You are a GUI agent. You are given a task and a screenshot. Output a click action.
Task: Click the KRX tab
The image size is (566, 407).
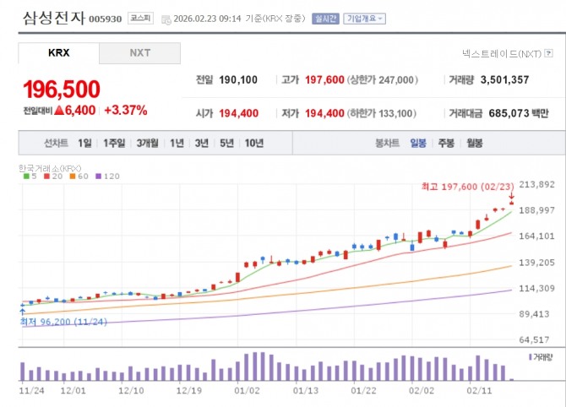coord(58,52)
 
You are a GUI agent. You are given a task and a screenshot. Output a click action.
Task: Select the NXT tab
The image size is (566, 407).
coord(139,52)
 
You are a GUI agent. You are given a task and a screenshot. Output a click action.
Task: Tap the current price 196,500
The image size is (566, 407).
coord(62,89)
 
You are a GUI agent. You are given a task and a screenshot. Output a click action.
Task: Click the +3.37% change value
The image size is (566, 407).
coord(125,110)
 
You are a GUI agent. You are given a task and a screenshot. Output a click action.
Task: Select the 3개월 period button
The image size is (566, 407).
coord(148,143)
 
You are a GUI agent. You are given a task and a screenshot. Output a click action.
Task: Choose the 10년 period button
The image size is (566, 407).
coord(253,143)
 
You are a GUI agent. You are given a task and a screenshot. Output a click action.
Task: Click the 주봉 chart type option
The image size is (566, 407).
coord(446,143)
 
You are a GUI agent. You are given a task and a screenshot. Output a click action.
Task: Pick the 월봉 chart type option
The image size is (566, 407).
coord(474,143)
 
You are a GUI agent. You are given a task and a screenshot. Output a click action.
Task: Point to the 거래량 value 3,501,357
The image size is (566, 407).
coord(505,80)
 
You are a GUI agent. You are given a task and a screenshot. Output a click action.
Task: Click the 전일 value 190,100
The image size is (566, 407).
coord(238,80)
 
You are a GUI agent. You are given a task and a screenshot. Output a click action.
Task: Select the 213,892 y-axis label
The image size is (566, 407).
coord(535,184)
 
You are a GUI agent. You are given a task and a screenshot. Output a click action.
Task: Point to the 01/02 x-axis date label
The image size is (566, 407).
coord(247,391)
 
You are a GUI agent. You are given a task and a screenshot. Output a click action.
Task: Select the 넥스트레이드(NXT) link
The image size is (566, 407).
coord(507,52)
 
